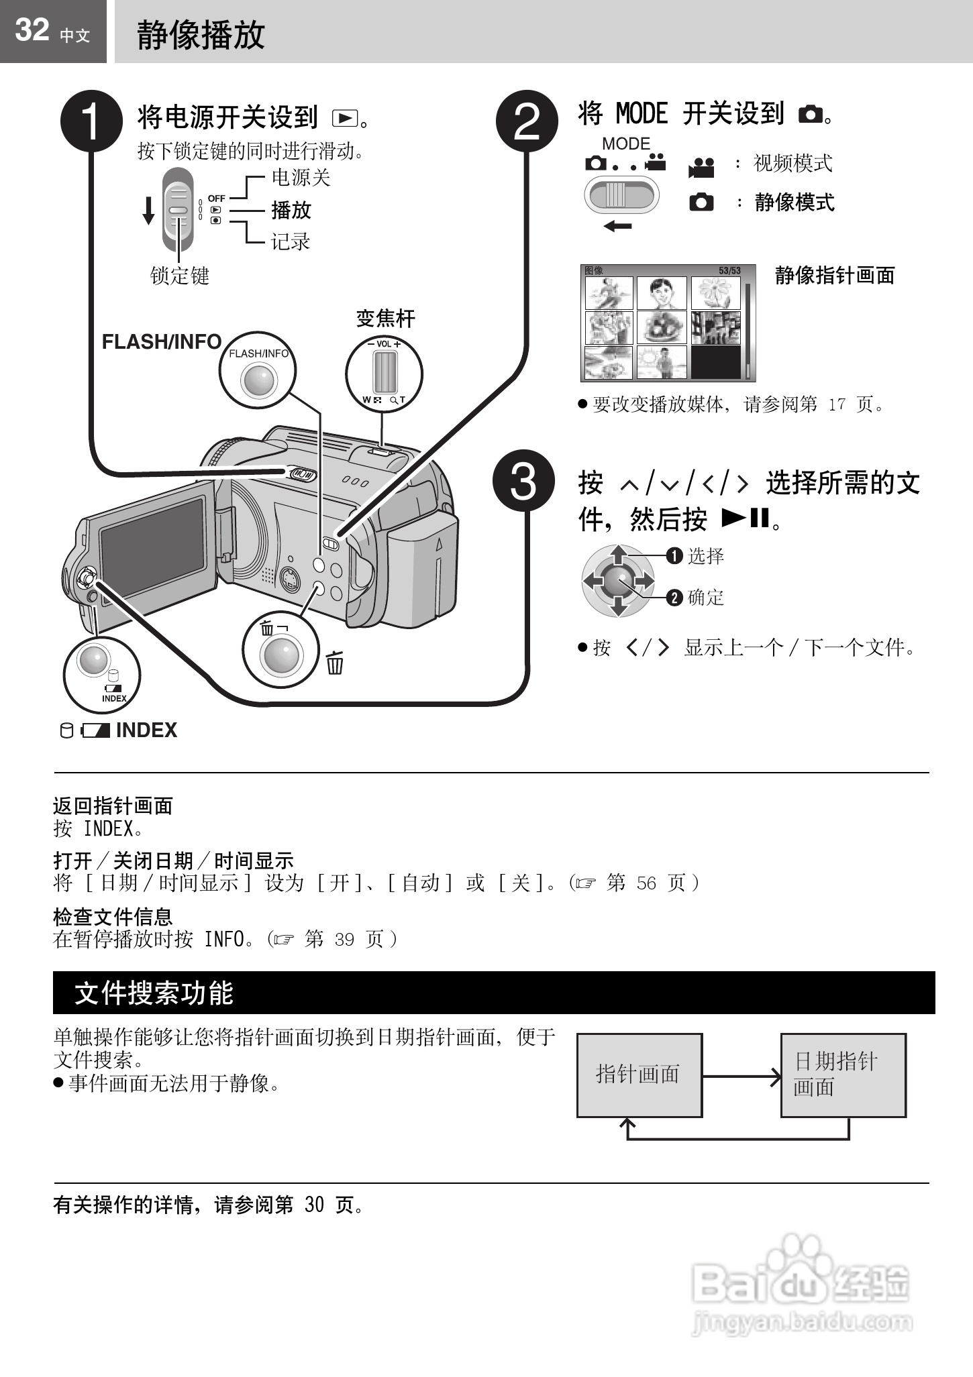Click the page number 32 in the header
pos(32,30)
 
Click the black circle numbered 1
pos(92,121)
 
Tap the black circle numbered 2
pos(527,121)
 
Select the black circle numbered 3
pos(523,481)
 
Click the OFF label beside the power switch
pos(216,199)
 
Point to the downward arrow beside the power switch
pos(148,211)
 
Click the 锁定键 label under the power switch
pos(179,276)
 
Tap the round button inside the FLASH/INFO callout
pos(259,380)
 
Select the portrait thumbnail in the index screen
pos(661,293)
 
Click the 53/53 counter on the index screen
pos(729,271)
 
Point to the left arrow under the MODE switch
pos(617,227)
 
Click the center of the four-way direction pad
pos(618,581)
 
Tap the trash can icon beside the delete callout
pos(335,663)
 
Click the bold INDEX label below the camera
pos(146,730)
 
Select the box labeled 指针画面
pos(639,1075)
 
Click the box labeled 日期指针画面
pos(843,1075)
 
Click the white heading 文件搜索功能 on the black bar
pos(154,993)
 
